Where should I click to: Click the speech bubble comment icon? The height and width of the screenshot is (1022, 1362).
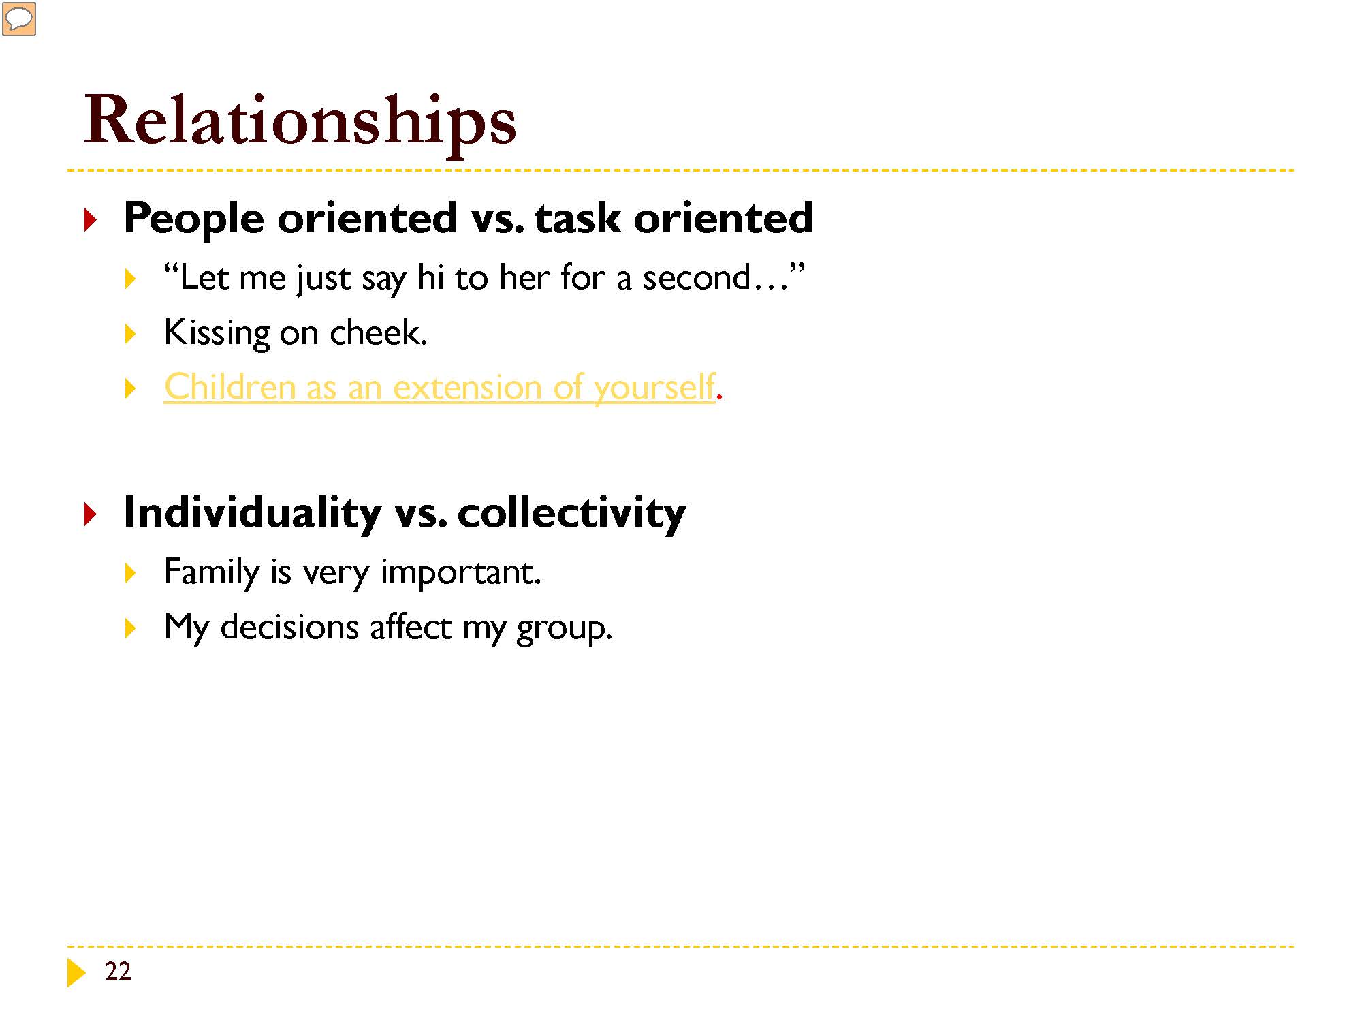(19, 19)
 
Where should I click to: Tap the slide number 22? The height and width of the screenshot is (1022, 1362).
(118, 971)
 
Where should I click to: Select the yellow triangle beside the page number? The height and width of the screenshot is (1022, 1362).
(77, 972)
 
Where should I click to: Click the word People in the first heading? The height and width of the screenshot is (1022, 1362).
(193, 219)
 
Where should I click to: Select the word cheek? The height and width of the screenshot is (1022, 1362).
(378, 332)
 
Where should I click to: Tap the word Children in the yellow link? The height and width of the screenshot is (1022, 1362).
(229, 386)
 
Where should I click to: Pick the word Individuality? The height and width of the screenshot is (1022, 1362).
(252, 512)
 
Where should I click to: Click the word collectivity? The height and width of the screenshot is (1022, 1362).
(571, 512)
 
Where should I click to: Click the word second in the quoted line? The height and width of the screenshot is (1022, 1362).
(697, 277)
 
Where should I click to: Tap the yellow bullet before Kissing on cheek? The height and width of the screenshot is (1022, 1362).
(131, 334)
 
